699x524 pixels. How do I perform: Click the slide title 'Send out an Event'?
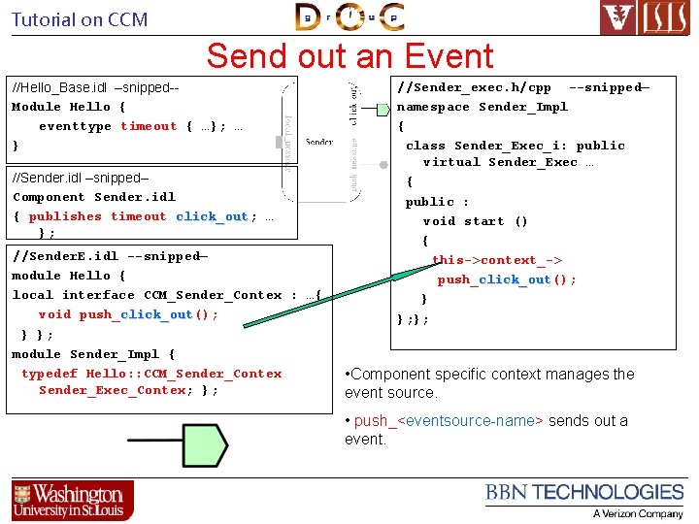pyautogui.click(x=349, y=56)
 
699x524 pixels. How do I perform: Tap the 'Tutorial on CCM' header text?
pyautogui.click(x=80, y=19)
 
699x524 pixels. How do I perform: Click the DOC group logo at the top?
pyautogui.click(x=349, y=17)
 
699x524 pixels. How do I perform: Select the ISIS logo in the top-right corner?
pyautogui.click(x=646, y=18)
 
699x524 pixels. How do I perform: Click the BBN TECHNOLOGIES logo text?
pyautogui.click(x=584, y=493)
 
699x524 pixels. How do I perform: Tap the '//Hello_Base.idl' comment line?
pyautogui.click(x=95, y=87)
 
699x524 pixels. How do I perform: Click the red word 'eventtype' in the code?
pyautogui.click(x=75, y=126)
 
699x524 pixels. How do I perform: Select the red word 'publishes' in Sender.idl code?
pyautogui.click(x=65, y=216)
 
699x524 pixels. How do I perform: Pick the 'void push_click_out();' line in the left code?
pyautogui.click(x=128, y=314)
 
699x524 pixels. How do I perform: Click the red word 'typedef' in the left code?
pyautogui.click(x=49, y=374)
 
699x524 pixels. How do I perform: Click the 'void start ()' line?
pyautogui.click(x=476, y=221)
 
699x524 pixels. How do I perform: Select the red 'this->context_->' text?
pyautogui.click(x=497, y=260)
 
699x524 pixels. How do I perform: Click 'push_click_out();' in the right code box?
pyautogui.click(x=507, y=279)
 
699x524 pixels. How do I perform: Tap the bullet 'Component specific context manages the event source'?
pyautogui.click(x=489, y=383)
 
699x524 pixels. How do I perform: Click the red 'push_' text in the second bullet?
pyautogui.click(x=371, y=420)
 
